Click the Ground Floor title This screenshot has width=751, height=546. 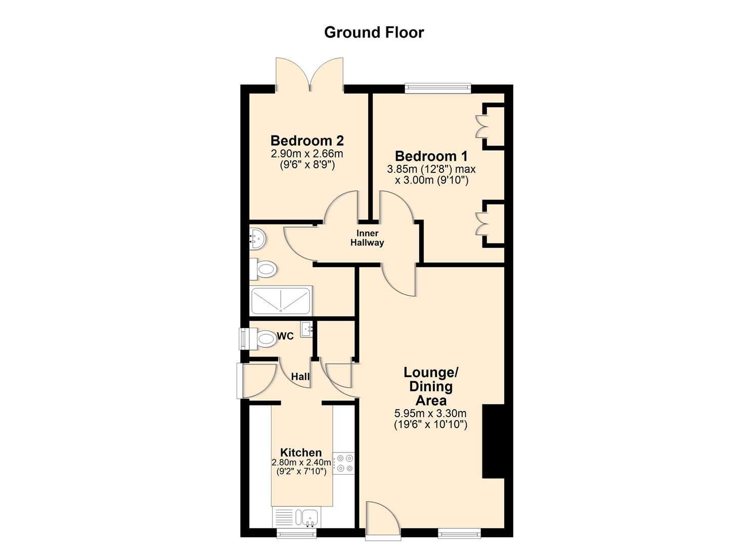(374, 32)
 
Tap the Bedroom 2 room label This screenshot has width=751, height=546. (307, 141)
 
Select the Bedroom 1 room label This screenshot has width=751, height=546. (431, 156)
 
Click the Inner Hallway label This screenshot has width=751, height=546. (367, 238)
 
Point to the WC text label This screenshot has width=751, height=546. (285, 337)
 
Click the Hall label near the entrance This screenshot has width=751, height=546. (300, 377)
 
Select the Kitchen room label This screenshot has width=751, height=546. (301, 452)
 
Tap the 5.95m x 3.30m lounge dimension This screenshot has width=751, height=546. (430, 414)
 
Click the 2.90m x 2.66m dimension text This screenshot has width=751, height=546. (307, 154)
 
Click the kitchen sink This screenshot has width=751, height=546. (310, 517)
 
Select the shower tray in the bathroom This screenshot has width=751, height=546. (281, 301)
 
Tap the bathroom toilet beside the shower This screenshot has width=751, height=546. (263, 269)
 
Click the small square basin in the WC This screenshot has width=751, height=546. (307, 330)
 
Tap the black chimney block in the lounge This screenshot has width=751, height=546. (493, 441)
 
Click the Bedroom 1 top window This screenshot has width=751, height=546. (438, 89)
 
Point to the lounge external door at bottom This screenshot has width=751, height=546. (382, 518)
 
